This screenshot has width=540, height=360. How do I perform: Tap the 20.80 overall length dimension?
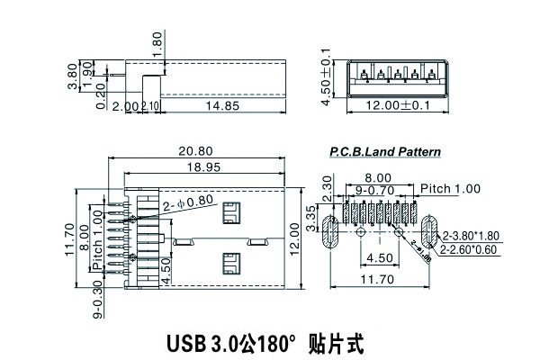tap(200, 151)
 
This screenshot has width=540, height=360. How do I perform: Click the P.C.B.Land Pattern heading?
tap(385, 152)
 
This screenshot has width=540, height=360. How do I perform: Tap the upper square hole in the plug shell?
tap(230, 214)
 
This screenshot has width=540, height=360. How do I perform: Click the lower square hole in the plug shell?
tap(230, 265)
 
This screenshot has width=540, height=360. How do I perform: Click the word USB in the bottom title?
tap(185, 343)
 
